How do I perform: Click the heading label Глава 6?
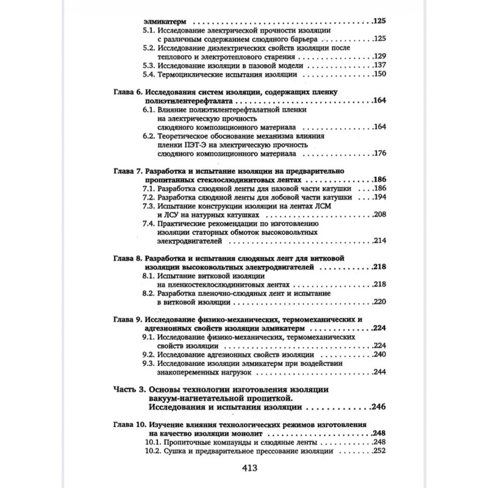click(127, 92)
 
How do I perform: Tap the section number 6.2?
click(148, 136)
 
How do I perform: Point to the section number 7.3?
click(148, 207)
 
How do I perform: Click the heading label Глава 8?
click(127, 259)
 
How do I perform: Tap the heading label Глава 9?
click(127, 320)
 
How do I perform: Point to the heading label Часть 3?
click(129, 389)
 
